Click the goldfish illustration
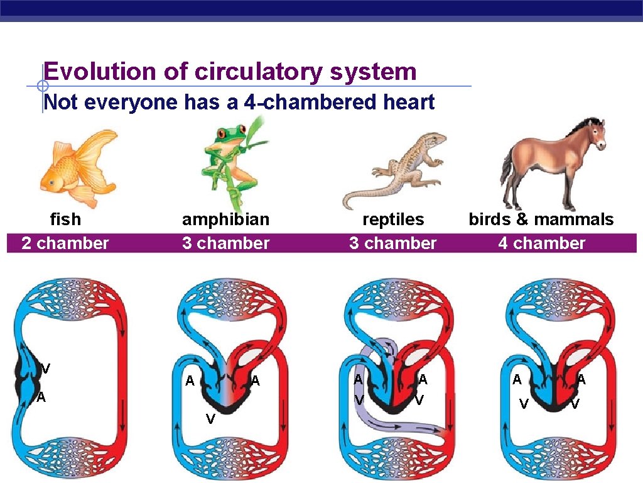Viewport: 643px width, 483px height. coord(78,167)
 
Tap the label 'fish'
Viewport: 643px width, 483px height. coord(65,219)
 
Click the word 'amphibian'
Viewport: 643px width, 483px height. coord(225,219)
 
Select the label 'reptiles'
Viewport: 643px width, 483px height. coord(393,219)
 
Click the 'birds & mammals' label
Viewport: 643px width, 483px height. coord(541,219)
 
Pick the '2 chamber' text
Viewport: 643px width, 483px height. coord(65,243)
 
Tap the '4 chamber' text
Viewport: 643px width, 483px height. coord(541,243)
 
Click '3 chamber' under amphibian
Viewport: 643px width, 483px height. coord(225,243)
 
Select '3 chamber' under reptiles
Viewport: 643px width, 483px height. coord(392,243)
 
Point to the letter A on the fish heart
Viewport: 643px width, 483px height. coord(41,397)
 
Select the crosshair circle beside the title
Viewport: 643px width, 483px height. coord(42,86)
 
